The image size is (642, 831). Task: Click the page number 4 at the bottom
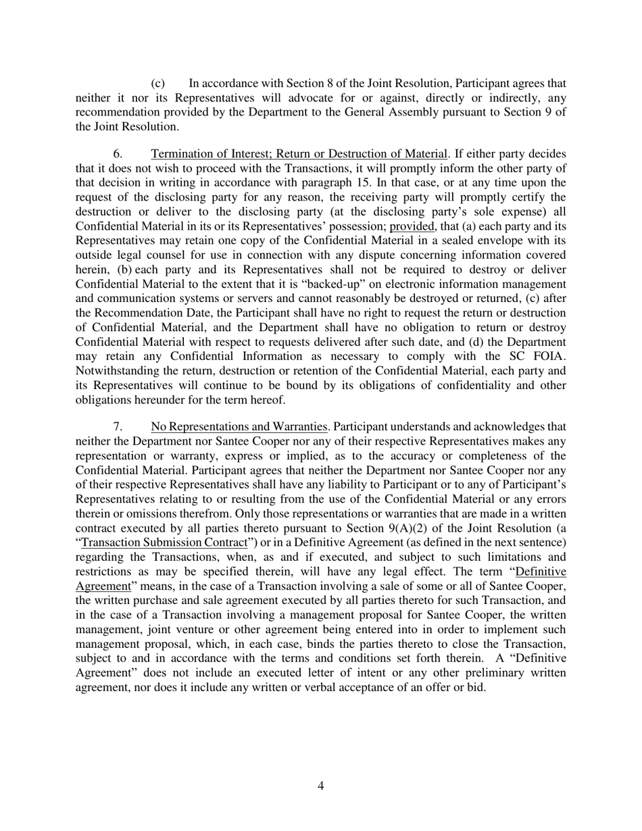[x=320, y=785]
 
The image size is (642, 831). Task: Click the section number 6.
[x=117, y=154]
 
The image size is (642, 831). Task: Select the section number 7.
[x=117, y=426]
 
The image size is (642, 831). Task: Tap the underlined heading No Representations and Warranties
[x=239, y=426]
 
